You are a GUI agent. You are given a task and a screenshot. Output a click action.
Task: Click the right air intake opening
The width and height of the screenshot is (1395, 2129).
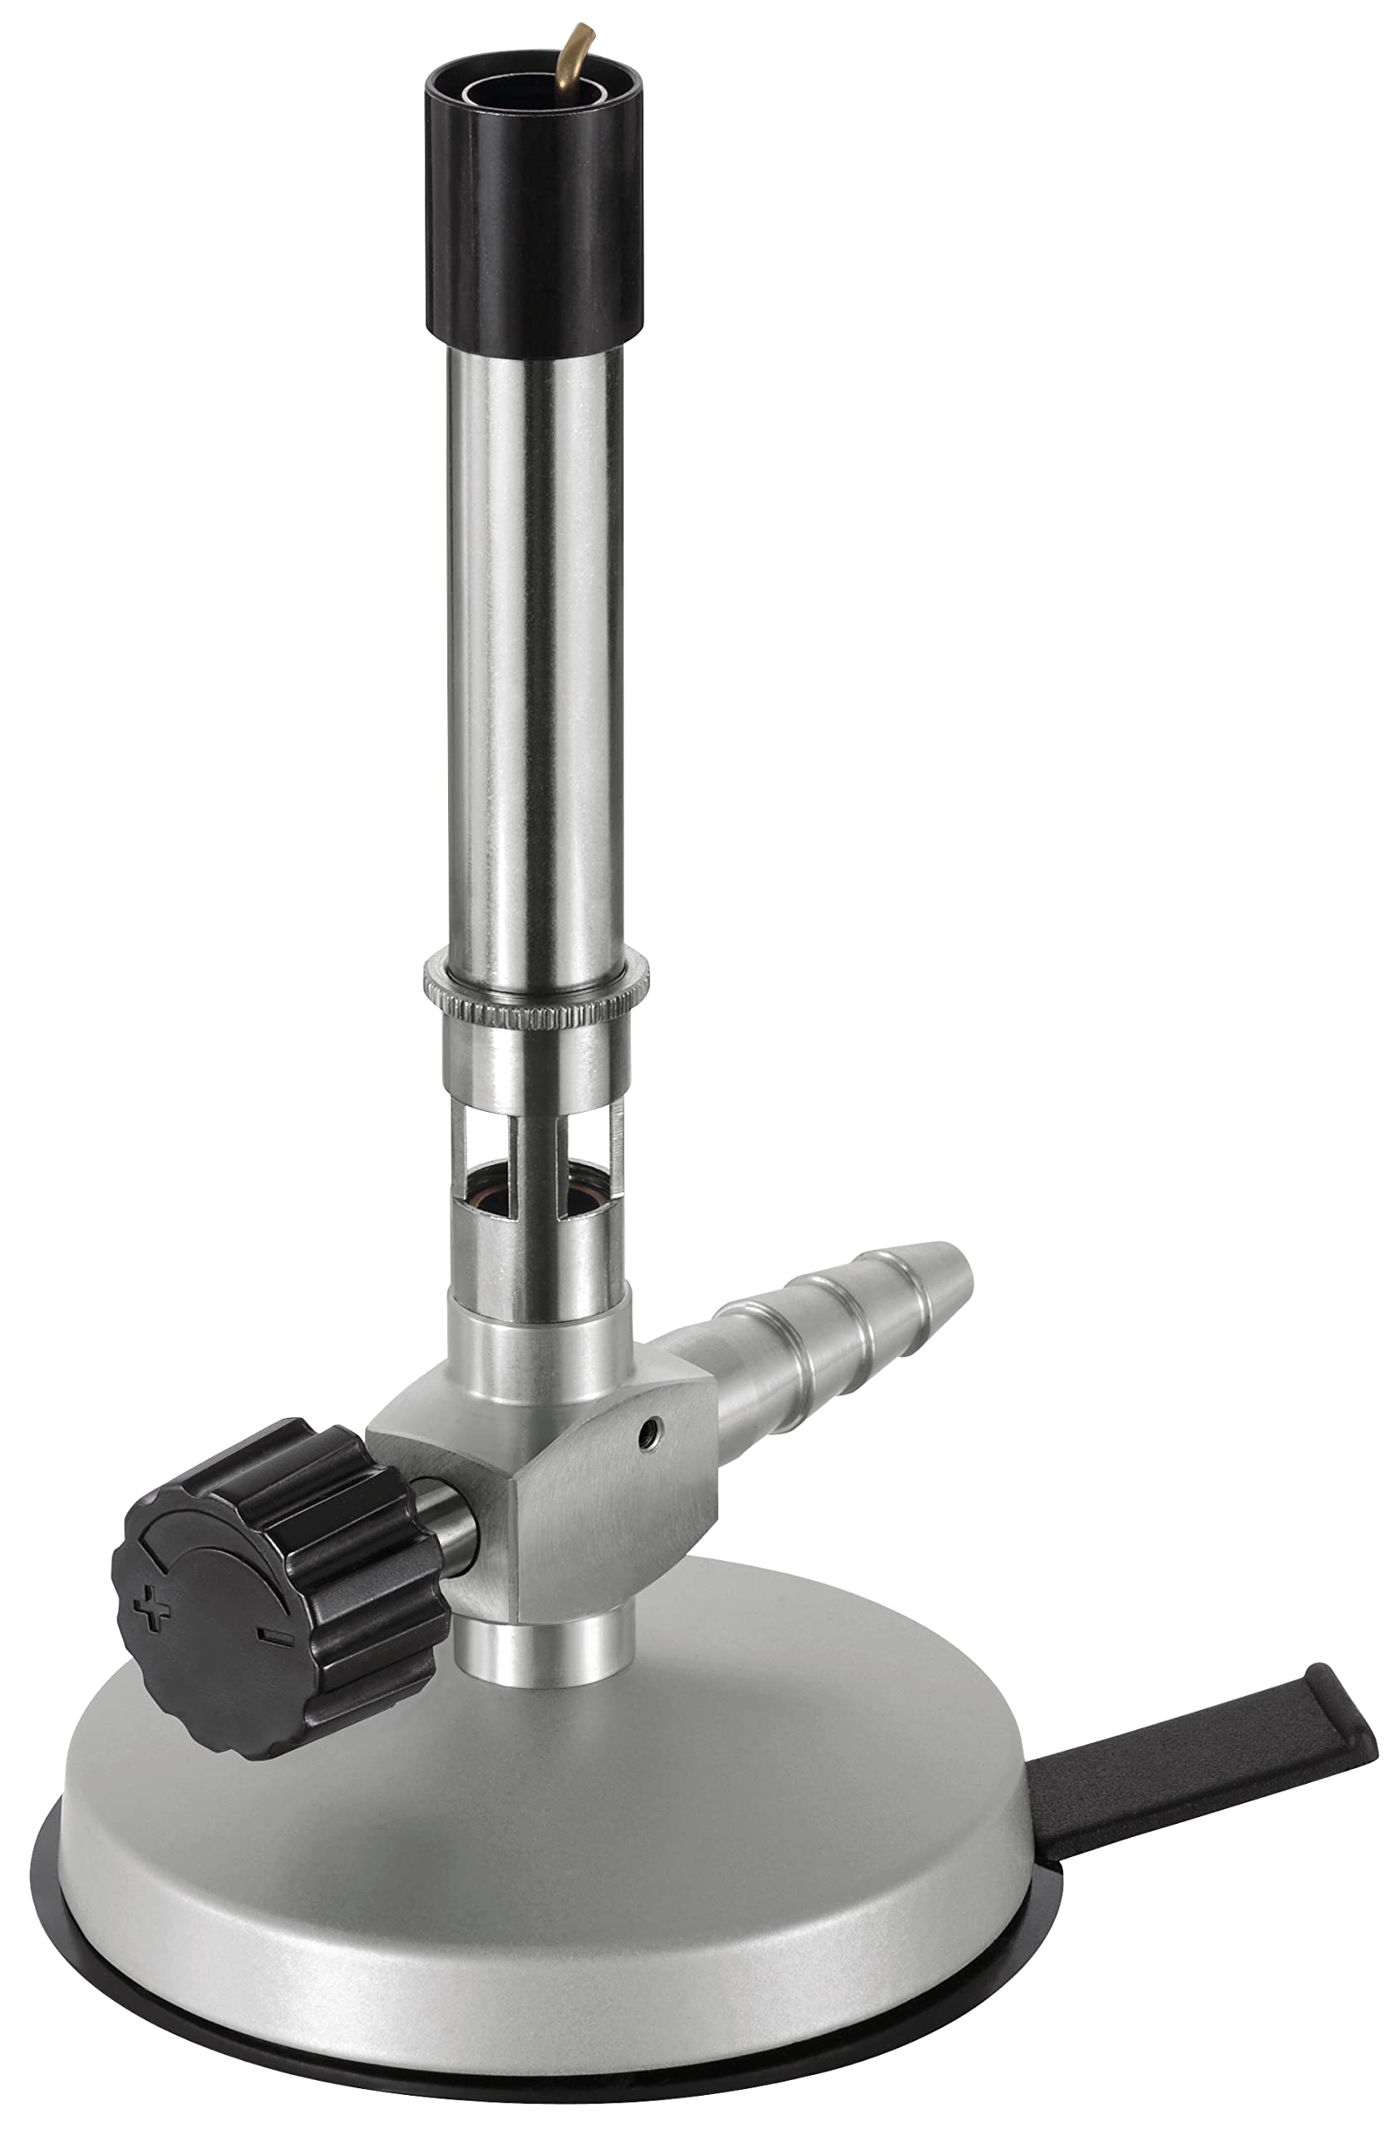pos(586,1163)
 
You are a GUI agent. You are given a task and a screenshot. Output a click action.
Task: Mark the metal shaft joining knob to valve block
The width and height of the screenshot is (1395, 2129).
pos(456,1521)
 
